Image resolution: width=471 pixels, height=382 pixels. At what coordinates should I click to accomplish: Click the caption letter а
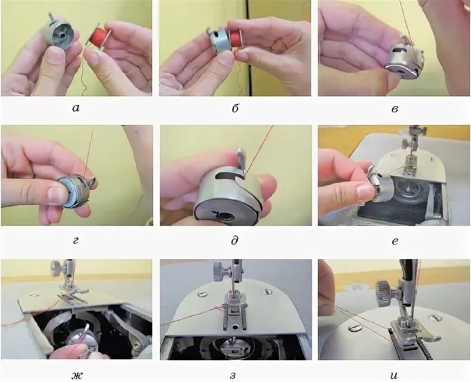(76, 108)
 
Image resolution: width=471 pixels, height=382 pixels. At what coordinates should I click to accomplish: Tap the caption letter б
(235, 108)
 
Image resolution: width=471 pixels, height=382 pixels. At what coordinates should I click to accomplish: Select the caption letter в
(395, 108)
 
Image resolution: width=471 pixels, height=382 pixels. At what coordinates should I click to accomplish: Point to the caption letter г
(76, 241)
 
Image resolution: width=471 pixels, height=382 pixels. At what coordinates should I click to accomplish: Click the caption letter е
(395, 241)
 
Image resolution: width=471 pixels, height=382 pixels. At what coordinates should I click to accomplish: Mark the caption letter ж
(77, 375)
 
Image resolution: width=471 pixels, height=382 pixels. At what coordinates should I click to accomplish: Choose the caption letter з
(235, 375)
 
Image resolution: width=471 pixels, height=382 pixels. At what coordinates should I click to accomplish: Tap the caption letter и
(394, 375)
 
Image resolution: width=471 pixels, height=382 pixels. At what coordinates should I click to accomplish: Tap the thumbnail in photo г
(59, 195)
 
